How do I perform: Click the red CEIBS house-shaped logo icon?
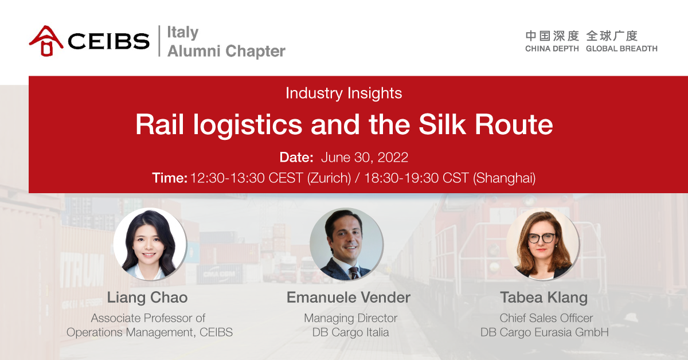point(46,41)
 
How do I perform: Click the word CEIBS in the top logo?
point(109,41)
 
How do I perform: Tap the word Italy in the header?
point(183,32)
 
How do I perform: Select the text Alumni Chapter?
point(226,51)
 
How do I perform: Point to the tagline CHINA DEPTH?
point(552,49)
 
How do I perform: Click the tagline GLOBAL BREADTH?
point(621,49)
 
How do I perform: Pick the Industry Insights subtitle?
point(343,93)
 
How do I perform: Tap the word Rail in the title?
point(160,124)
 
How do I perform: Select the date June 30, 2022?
point(365,157)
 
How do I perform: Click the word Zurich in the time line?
point(329,178)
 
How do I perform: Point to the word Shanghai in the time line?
point(505,178)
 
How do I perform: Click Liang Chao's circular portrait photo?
point(150,244)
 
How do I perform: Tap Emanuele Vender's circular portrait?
point(346,244)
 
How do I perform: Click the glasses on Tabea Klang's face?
point(541,238)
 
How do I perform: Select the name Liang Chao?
point(147,298)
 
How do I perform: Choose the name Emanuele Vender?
point(349,298)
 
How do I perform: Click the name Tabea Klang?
point(544,298)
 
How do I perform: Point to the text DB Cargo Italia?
point(350,332)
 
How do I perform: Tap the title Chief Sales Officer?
point(546,318)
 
